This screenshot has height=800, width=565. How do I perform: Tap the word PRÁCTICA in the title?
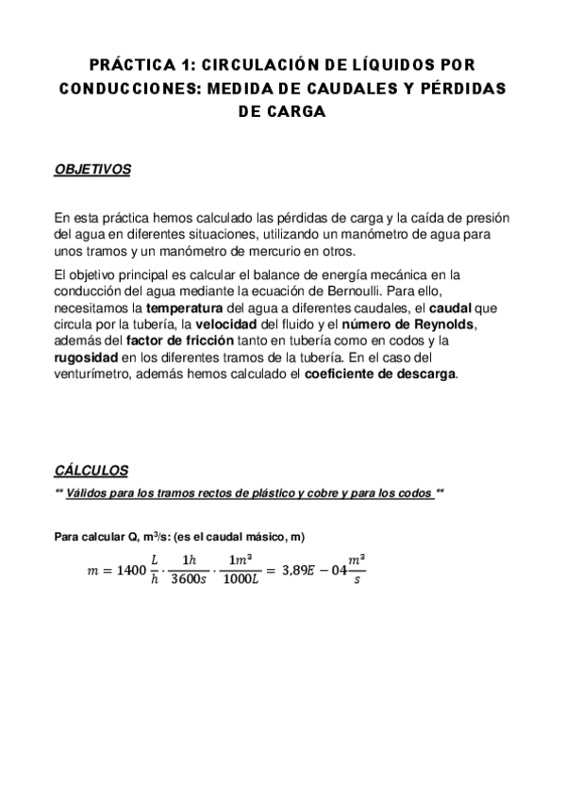[129, 65]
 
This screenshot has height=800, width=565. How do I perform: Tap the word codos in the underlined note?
[412, 493]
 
